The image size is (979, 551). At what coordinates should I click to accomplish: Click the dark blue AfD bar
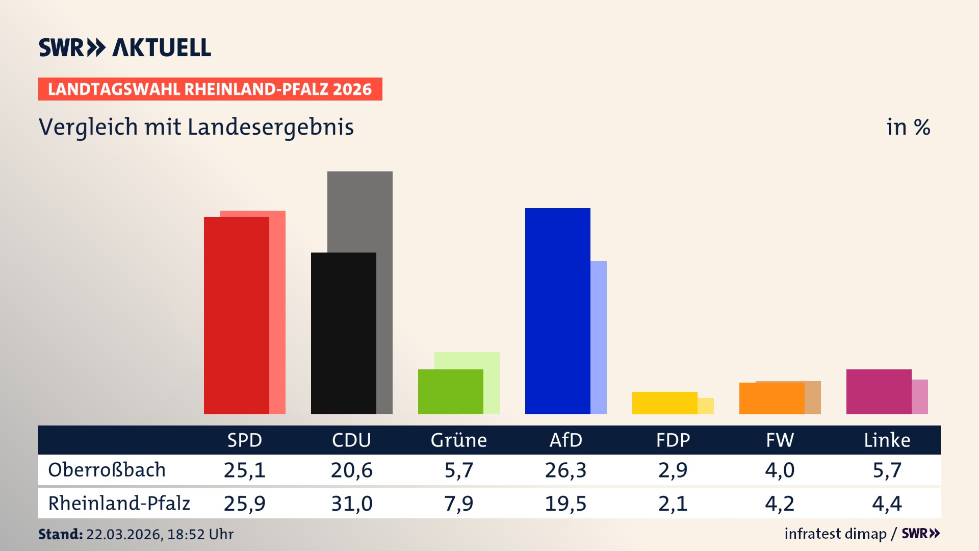click(x=557, y=311)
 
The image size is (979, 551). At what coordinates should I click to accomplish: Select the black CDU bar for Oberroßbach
click(x=343, y=333)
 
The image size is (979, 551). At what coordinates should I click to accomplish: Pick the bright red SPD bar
click(x=236, y=315)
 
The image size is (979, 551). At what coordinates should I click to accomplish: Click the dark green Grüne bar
click(x=450, y=392)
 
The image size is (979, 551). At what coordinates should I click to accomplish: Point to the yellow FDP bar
click(x=664, y=403)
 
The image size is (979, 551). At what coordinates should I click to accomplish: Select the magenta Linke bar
click(x=879, y=392)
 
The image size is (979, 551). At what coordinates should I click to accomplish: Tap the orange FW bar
click(x=771, y=398)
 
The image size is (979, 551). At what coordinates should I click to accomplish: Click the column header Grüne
click(x=458, y=440)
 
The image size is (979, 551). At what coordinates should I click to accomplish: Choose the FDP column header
click(x=673, y=440)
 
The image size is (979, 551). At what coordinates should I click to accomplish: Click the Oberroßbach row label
click(x=107, y=470)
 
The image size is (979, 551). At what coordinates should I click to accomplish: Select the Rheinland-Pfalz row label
click(x=119, y=504)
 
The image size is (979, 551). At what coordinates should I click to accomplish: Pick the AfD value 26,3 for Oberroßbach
click(x=565, y=470)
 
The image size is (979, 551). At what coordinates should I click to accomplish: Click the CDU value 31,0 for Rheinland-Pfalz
click(x=351, y=504)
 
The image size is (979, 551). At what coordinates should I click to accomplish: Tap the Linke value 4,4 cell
click(x=887, y=504)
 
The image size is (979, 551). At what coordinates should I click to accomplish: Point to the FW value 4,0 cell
click(x=780, y=470)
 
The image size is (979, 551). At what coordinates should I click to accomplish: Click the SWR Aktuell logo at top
click(x=125, y=47)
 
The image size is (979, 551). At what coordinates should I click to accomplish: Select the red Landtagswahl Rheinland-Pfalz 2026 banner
click(x=210, y=89)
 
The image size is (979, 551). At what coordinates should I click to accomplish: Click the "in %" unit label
click(x=908, y=127)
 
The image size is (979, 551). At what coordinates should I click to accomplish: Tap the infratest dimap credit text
click(x=835, y=534)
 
